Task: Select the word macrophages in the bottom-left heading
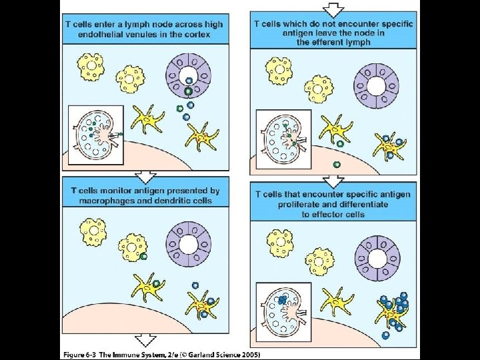pyautogui.click(x=105, y=200)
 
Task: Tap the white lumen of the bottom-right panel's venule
pyautogui.click(x=377, y=255)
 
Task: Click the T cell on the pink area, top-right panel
pyautogui.click(x=337, y=164)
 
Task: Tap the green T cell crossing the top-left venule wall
pyautogui.click(x=189, y=90)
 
